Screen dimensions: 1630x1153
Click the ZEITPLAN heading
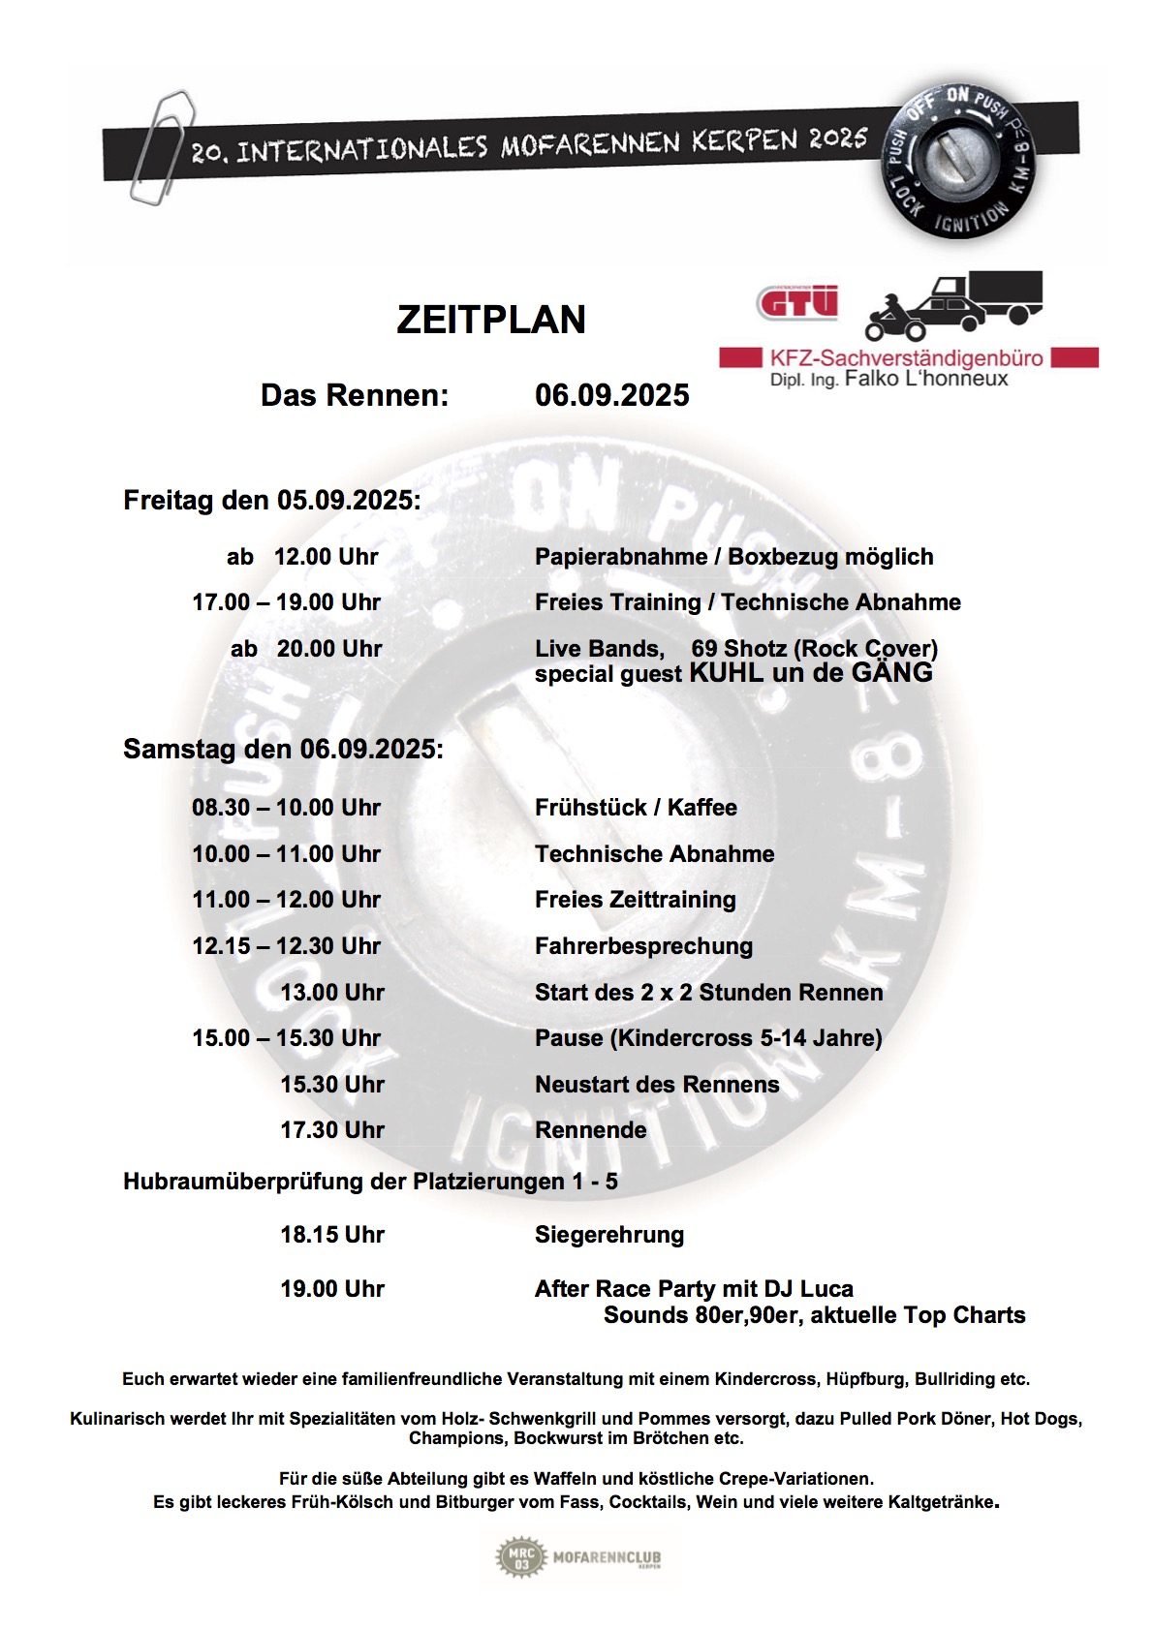click(x=491, y=320)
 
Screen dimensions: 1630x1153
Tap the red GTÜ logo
click(x=796, y=302)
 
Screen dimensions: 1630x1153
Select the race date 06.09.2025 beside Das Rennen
click(x=611, y=395)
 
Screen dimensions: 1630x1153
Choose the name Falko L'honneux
click(x=925, y=379)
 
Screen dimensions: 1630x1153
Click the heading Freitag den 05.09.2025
click(x=271, y=501)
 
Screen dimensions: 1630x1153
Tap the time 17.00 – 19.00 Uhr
click(x=286, y=602)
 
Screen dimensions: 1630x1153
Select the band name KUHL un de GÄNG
click(x=810, y=673)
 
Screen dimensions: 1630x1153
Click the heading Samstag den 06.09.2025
click(x=283, y=750)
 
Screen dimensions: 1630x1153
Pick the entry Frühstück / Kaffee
click(x=636, y=808)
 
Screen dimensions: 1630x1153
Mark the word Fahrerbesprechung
click(x=643, y=946)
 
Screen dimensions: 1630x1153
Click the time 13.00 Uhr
click(x=331, y=993)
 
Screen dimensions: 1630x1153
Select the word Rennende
click(x=590, y=1130)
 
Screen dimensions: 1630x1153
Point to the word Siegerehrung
click(x=608, y=1235)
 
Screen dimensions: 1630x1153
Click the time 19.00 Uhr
click(x=331, y=1289)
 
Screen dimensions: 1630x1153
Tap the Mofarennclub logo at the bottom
click(x=579, y=1557)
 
